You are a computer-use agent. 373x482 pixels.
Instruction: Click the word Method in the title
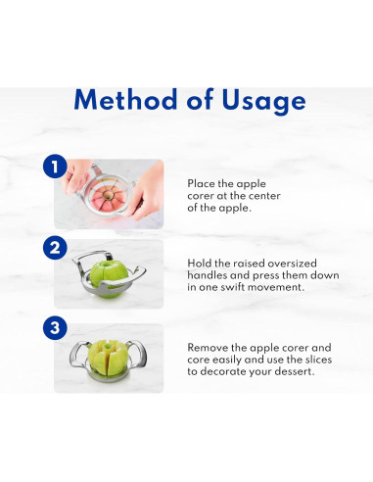click(125, 99)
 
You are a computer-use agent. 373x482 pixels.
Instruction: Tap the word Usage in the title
click(263, 101)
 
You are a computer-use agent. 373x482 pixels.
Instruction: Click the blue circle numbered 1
click(55, 167)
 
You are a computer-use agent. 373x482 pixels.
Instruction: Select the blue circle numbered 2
click(55, 248)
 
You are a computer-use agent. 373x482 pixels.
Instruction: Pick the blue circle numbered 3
click(55, 327)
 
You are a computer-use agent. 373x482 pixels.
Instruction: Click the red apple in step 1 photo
click(108, 196)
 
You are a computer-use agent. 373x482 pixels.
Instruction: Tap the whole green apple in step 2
click(109, 278)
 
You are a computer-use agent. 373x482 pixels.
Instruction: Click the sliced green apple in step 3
click(108, 359)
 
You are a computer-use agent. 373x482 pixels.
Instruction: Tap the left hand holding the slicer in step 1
click(76, 176)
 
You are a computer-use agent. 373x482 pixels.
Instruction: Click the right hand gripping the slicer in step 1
click(147, 193)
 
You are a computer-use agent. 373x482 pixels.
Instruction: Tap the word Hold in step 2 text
click(199, 264)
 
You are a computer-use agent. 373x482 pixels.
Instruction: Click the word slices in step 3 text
click(318, 360)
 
